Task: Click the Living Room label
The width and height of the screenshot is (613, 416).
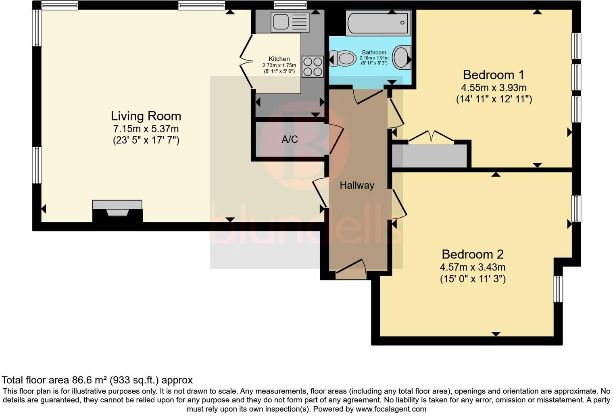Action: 146,116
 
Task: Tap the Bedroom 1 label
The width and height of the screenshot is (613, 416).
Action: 494,75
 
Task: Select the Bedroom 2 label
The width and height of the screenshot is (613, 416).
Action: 473,254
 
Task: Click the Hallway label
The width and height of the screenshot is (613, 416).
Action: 357,185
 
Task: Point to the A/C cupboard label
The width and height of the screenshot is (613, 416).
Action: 290,139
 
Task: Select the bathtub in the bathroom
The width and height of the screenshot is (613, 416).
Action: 378,23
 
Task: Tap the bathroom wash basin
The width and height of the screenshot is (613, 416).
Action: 401,57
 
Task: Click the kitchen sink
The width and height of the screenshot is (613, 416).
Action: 290,22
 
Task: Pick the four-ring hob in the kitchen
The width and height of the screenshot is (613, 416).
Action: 313,67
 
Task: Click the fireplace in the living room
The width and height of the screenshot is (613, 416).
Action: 117,211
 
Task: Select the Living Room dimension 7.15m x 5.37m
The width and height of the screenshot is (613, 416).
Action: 146,129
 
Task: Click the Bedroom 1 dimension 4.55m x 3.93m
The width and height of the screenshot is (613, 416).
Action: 494,88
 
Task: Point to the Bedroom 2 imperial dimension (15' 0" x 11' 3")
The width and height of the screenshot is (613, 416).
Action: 473,279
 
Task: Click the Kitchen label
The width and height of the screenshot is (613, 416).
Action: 279,59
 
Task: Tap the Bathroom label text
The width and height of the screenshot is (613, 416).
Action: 374,52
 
